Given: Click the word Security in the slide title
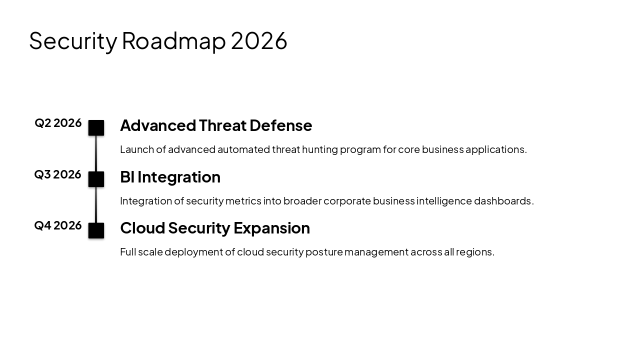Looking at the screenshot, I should (73, 41).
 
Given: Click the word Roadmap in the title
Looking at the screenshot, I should (173, 41).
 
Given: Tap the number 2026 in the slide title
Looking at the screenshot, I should (259, 41).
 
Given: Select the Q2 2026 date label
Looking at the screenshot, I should (58, 123).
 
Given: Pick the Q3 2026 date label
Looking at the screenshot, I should (57, 174).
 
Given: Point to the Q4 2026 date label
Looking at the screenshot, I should (57, 225).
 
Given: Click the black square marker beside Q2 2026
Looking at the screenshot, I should (96, 128).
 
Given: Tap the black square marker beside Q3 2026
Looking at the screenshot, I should (96, 179).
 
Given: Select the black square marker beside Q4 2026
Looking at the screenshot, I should (96, 230).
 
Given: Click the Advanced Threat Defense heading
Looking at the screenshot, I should (216, 125).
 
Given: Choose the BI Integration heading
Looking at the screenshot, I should (170, 177).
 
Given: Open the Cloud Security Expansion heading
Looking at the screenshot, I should (215, 228).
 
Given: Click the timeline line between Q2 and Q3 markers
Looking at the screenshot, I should (96, 153).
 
